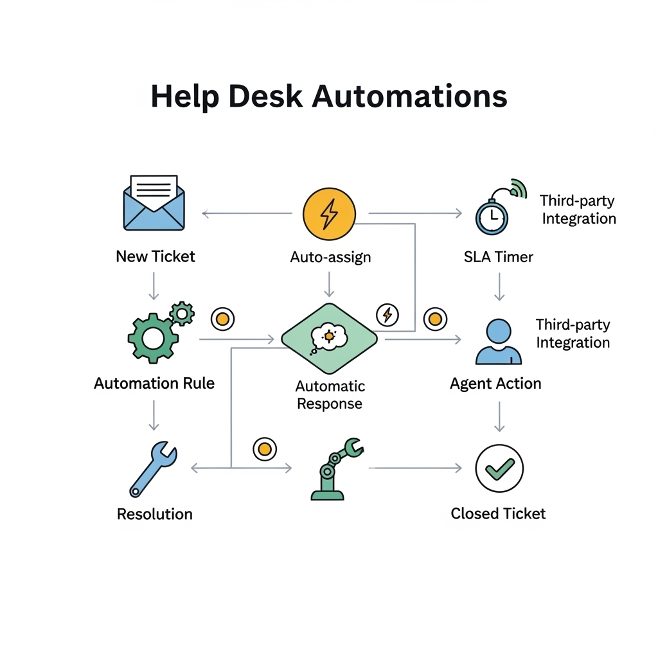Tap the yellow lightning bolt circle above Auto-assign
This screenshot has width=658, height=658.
328,214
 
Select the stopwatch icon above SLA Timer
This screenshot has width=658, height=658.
492,217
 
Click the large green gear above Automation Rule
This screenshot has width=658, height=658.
152,337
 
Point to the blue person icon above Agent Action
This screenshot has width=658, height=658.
498,342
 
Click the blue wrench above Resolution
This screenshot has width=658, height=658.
153,469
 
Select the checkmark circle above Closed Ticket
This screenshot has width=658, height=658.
499,468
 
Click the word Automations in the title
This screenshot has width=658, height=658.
409,96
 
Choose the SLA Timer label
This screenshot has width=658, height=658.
498,257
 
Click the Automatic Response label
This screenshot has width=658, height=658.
330,395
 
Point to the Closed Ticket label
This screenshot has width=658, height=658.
498,513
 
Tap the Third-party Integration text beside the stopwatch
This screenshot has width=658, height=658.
578,209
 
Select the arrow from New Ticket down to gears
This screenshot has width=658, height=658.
154,286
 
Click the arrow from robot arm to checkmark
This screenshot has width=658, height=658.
415,468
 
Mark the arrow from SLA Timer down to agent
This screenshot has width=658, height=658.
499,286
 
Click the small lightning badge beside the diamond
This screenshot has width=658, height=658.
387,315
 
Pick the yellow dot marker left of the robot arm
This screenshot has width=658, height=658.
264,449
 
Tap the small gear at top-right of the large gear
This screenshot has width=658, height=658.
182,314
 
